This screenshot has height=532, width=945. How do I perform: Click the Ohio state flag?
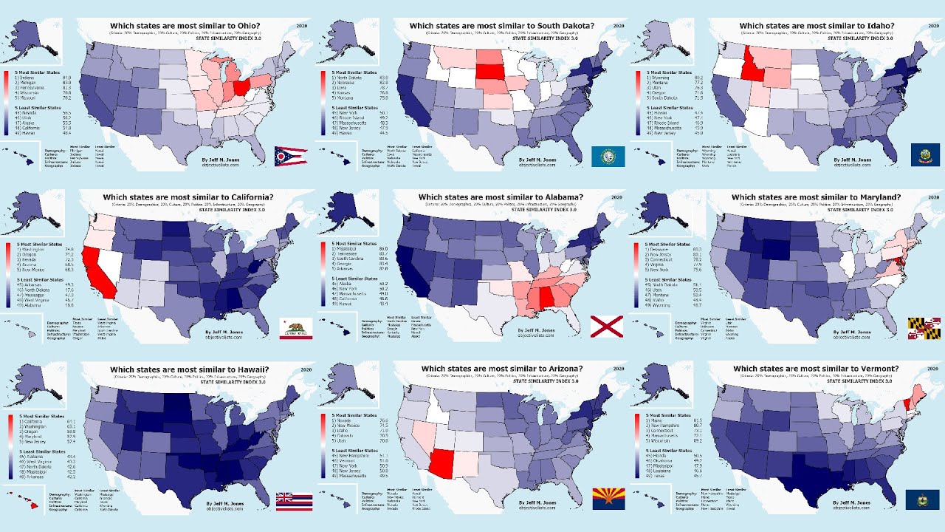coord(290,156)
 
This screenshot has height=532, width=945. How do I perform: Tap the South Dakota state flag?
coord(608,156)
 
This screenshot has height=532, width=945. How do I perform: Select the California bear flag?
coord(295,328)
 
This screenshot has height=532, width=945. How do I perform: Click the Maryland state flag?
coord(924,328)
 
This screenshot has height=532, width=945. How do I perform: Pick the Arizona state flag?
coord(608,498)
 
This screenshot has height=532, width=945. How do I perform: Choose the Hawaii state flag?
coord(293,500)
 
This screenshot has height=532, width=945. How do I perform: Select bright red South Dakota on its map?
coord(488,72)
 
